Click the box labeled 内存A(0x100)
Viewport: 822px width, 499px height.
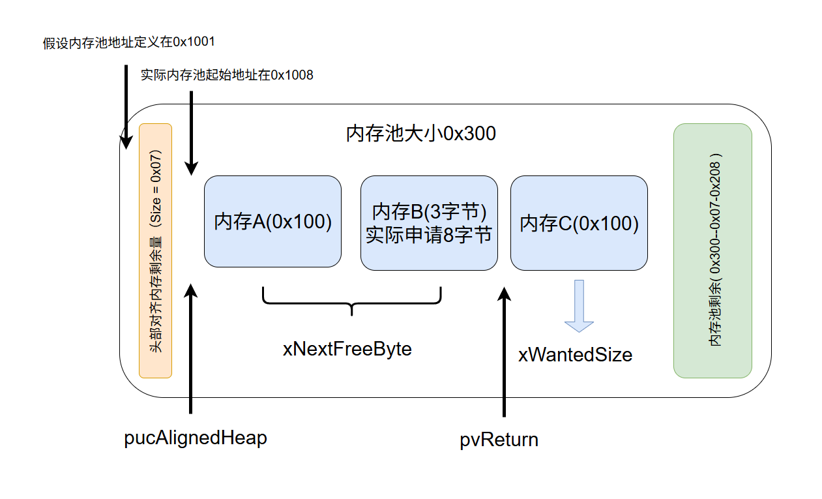click(272, 222)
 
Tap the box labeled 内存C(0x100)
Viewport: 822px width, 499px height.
click(579, 223)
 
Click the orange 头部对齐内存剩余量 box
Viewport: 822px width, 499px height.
click(155, 250)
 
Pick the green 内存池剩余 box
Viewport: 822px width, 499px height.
click(712, 250)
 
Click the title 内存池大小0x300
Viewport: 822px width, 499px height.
click(420, 134)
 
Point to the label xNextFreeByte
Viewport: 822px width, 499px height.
click(347, 349)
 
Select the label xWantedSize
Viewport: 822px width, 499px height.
click(575, 355)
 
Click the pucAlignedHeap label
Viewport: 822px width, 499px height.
click(196, 438)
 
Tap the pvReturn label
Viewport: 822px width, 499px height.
click(499, 440)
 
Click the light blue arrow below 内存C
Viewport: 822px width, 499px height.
click(579, 307)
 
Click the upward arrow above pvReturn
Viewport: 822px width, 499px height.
click(504, 352)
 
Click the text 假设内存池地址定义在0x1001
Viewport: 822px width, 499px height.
click(129, 42)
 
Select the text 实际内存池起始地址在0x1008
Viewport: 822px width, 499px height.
click(227, 75)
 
